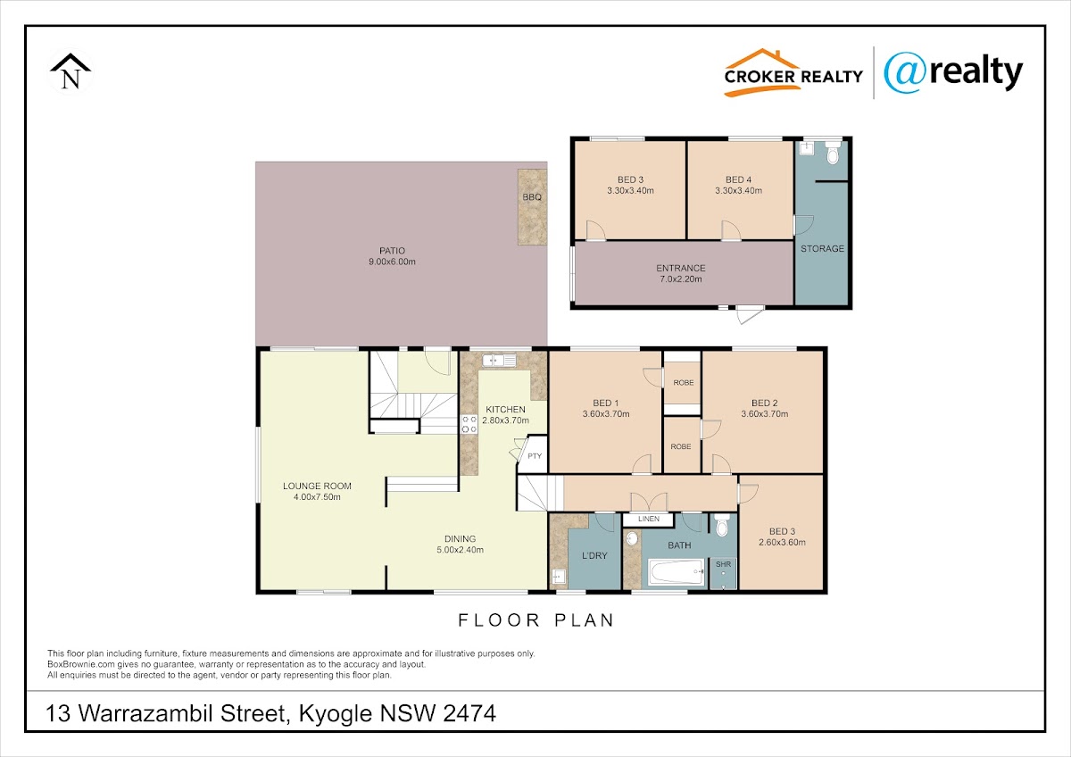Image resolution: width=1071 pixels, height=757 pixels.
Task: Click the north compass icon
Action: click(x=71, y=71)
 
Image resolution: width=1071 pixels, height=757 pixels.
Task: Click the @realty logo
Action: click(x=953, y=73)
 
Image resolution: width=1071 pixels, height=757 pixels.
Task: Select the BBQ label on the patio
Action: click(x=532, y=197)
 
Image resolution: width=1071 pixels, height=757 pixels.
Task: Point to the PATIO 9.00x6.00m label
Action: click(x=392, y=256)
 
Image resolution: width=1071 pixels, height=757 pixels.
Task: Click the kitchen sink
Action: click(x=499, y=360)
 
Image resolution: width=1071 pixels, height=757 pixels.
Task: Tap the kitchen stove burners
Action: click(x=469, y=424)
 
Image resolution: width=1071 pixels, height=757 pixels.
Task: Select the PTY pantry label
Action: click(x=535, y=456)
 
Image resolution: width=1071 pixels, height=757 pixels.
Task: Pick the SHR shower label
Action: click(x=724, y=564)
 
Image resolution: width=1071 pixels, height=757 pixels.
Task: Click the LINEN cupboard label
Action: click(x=649, y=519)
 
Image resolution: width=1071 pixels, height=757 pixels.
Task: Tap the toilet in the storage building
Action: click(x=833, y=152)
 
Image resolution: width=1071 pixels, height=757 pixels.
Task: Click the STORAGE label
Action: click(x=822, y=249)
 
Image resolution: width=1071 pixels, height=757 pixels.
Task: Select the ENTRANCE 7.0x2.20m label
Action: click(x=681, y=273)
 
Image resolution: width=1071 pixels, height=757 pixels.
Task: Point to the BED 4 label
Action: click(x=738, y=179)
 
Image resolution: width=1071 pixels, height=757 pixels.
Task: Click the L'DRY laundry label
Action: click(x=594, y=555)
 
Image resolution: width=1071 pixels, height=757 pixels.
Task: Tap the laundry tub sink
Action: click(x=559, y=577)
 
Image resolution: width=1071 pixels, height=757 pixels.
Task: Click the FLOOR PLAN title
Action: click(x=536, y=620)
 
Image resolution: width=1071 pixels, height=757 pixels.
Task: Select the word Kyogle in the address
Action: click(x=336, y=714)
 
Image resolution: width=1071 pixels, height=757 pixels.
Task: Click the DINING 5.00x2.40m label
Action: click(x=460, y=545)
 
